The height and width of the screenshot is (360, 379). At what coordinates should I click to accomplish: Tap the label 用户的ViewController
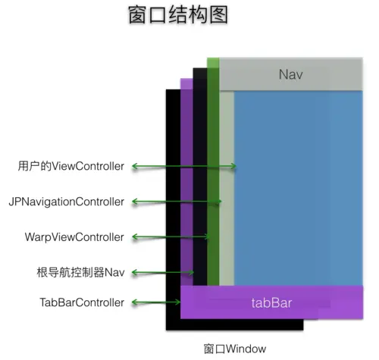[x=70, y=166]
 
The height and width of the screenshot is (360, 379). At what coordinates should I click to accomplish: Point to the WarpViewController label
[x=74, y=237]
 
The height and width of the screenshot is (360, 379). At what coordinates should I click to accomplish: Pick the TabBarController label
[x=81, y=302]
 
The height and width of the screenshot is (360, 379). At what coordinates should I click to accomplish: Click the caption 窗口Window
[x=236, y=349]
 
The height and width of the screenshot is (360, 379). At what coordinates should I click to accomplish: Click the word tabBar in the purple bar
[x=271, y=304]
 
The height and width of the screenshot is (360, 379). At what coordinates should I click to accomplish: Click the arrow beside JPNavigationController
[x=176, y=202]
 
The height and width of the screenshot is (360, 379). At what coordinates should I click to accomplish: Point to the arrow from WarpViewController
[x=170, y=237]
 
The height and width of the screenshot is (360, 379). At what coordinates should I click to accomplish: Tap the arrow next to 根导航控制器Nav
[x=162, y=272]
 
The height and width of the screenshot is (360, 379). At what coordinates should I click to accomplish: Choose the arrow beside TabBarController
[x=156, y=303]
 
